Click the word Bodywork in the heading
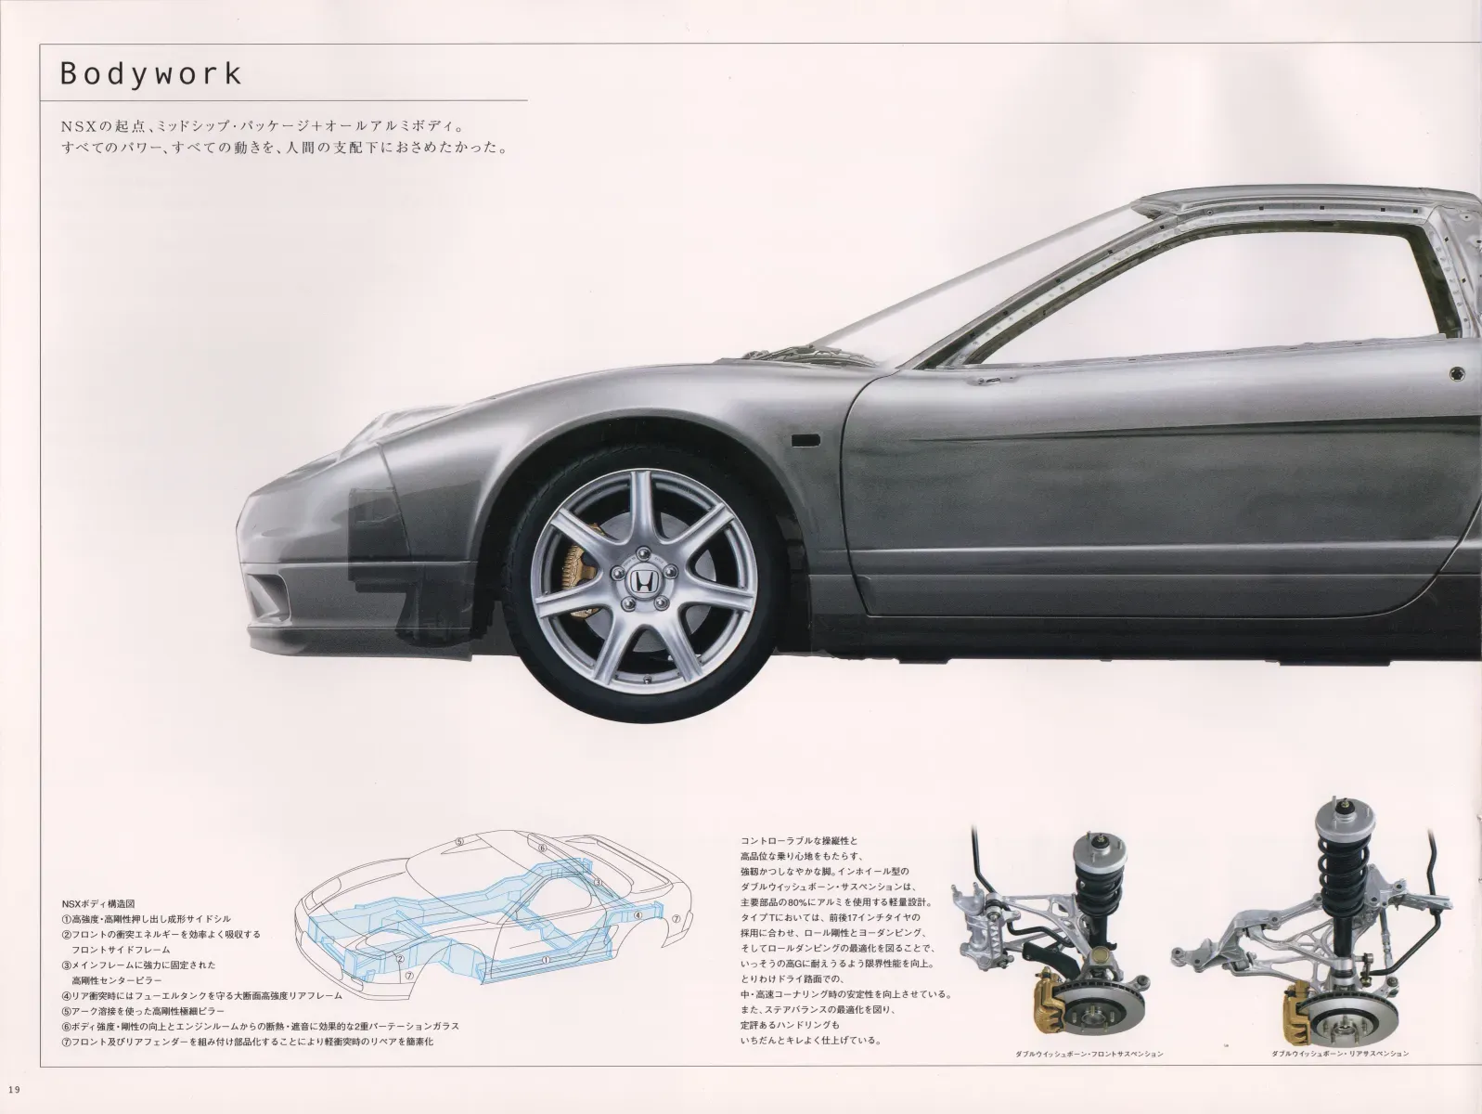150,73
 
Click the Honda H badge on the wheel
641,580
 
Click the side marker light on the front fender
805,441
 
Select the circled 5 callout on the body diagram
459,842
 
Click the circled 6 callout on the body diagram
542,848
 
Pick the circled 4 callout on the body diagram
638,915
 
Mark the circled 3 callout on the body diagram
597,883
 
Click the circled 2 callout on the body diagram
400,959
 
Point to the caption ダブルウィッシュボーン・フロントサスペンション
1089,1054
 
